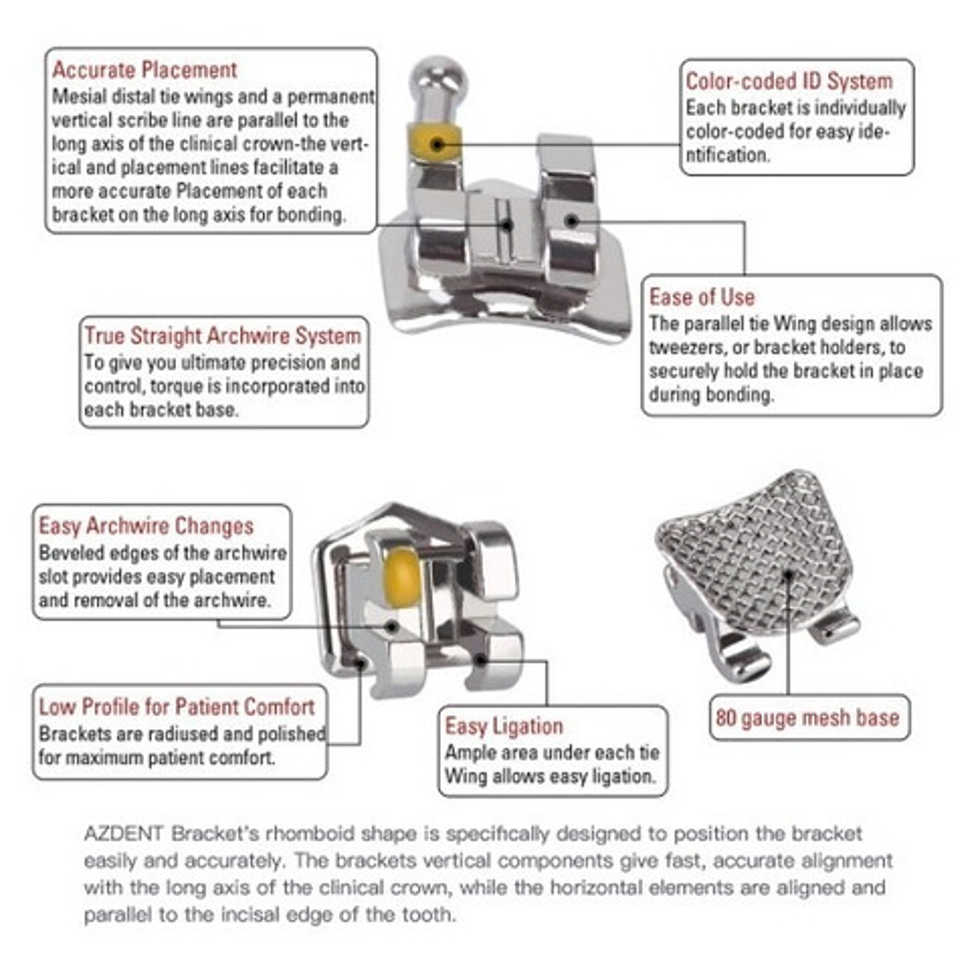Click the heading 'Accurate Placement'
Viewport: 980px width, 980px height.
[x=144, y=70]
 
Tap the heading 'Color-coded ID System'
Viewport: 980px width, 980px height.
[x=788, y=82]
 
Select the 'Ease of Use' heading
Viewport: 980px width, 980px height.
[x=701, y=297]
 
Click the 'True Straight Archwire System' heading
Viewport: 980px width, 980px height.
[x=223, y=336]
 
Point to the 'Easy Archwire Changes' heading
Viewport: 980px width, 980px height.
[x=146, y=526]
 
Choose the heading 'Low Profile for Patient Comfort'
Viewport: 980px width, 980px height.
[x=176, y=707]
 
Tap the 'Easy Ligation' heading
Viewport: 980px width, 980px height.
[x=504, y=726]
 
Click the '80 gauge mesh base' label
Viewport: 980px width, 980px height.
[x=807, y=718]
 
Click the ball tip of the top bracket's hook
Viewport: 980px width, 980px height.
[x=438, y=75]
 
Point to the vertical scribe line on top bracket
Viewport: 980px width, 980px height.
[x=506, y=225]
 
